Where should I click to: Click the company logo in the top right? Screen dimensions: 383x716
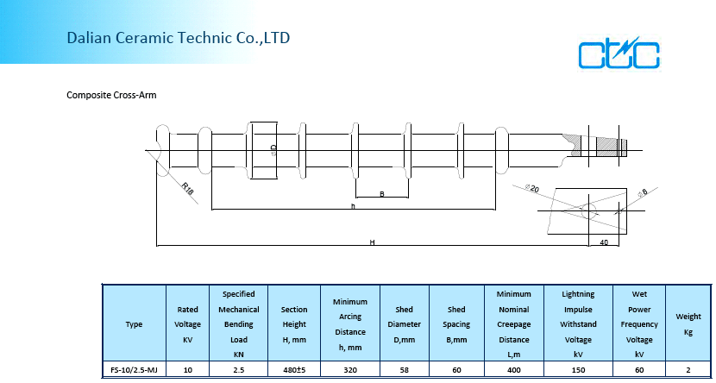(619, 53)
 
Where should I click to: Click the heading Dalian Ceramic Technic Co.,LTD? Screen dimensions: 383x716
(179, 38)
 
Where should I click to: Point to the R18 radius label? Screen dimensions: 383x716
(187, 187)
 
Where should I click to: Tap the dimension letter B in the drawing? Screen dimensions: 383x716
(382, 194)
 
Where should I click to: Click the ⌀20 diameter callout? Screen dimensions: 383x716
(531, 187)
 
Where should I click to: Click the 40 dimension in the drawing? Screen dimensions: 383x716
(604, 242)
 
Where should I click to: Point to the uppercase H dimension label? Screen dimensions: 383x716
(372, 243)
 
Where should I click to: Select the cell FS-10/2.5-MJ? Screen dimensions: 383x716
(134, 369)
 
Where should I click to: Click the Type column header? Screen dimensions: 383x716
(134, 324)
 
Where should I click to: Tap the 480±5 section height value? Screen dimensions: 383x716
(293, 369)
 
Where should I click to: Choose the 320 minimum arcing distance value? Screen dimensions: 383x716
(350, 369)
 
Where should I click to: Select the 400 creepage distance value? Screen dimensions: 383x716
(514, 369)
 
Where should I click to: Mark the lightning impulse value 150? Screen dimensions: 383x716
(577, 369)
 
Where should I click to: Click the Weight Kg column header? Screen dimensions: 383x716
(688, 324)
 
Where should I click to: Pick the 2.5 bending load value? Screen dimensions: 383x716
(238, 369)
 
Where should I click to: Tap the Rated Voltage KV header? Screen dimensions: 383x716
(187, 324)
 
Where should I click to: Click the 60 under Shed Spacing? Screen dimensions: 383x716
(456, 369)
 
